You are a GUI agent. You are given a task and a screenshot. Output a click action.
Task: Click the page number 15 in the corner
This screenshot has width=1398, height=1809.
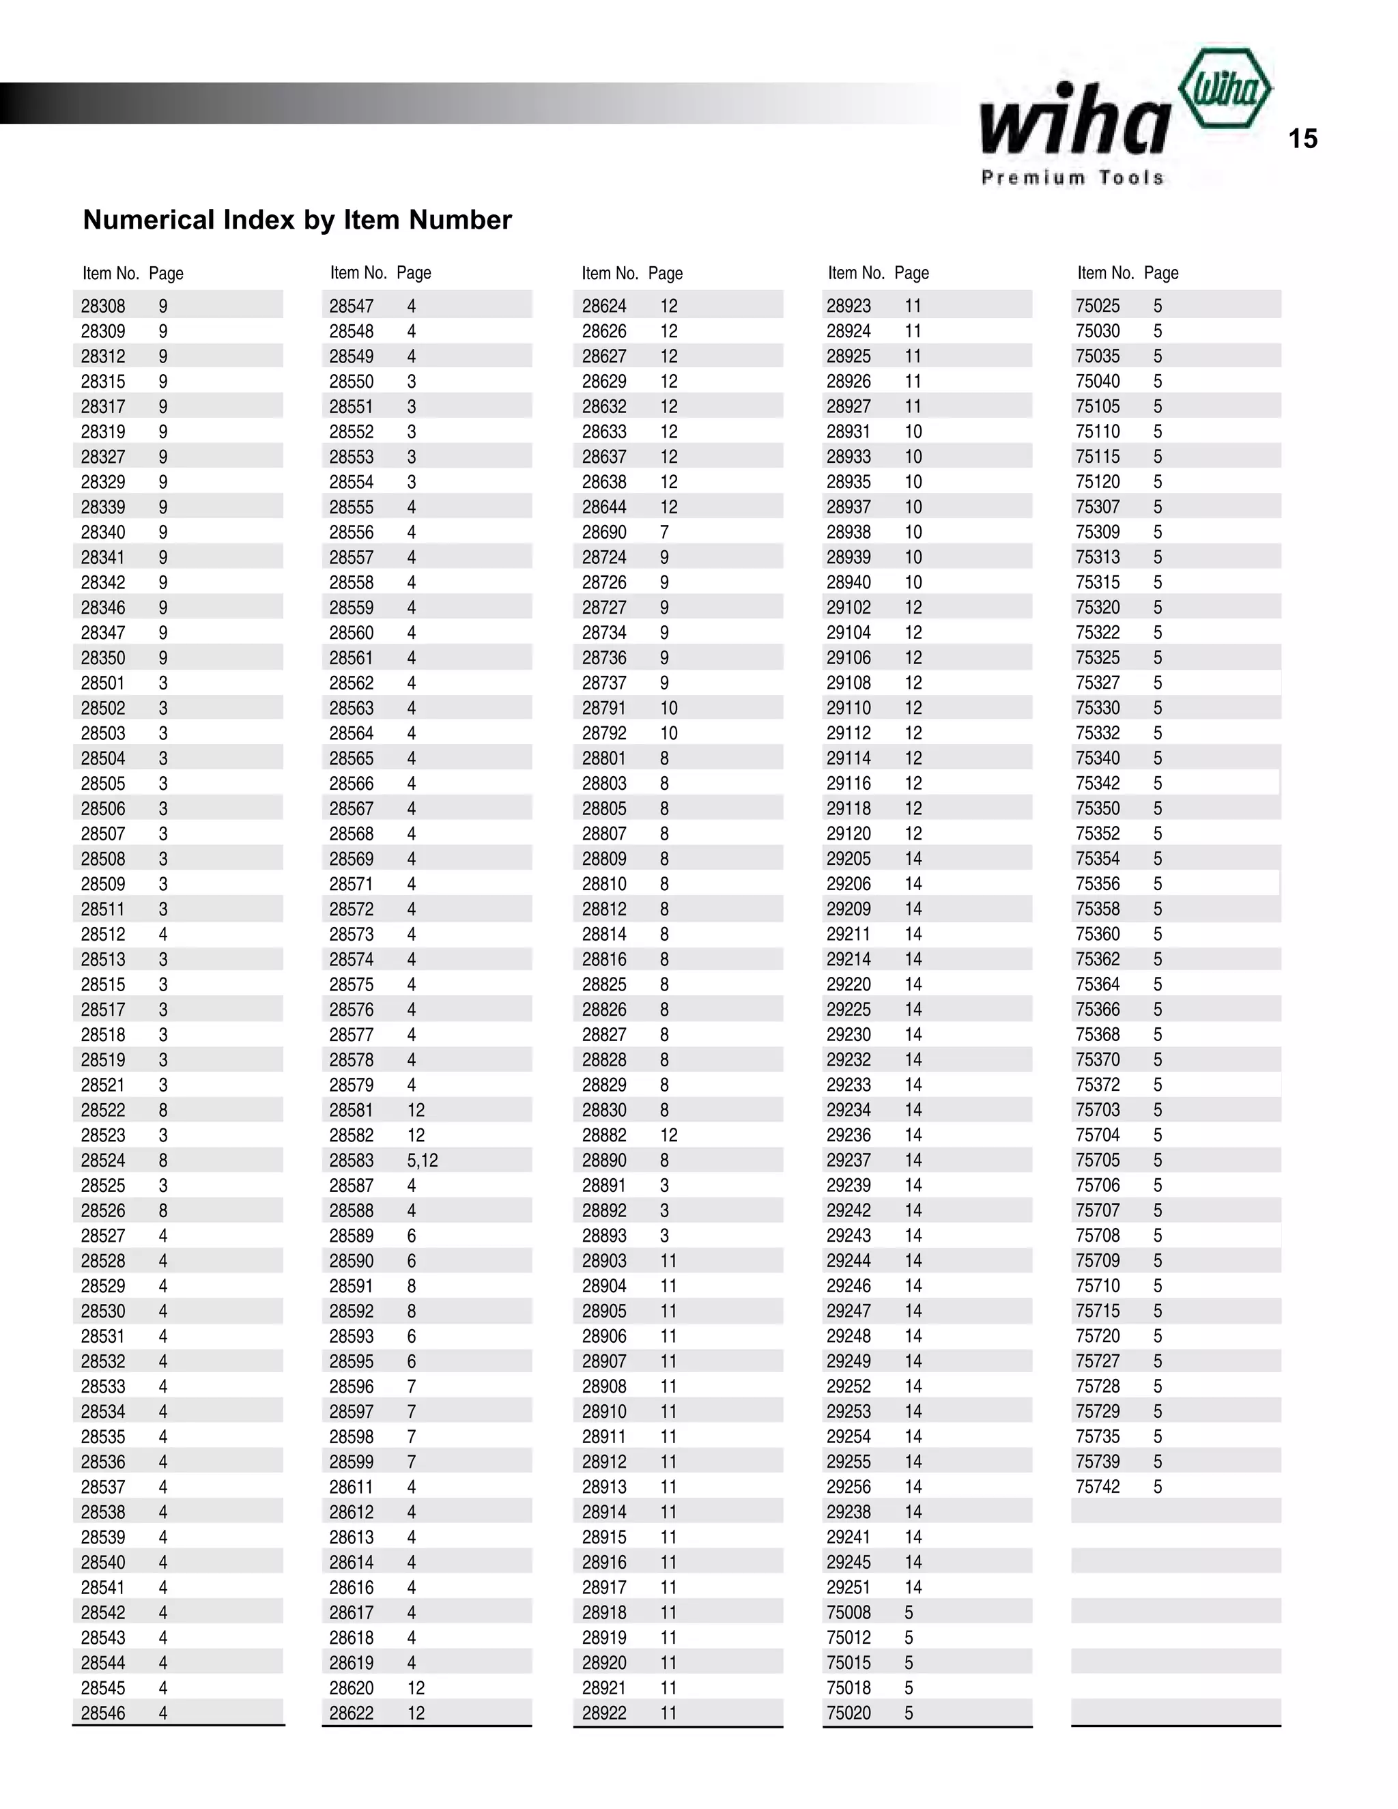click(1302, 139)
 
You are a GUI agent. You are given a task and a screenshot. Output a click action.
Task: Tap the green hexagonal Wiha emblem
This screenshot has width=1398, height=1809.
click(1225, 89)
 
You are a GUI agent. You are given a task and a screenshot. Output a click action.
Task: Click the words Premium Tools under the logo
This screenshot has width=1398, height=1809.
click(1072, 177)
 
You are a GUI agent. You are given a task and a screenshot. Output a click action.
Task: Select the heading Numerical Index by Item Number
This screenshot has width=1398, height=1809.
click(298, 220)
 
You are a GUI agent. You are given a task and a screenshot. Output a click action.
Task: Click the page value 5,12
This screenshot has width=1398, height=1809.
click(423, 1160)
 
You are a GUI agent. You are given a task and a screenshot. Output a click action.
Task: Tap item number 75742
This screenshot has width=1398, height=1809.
click(1098, 1487)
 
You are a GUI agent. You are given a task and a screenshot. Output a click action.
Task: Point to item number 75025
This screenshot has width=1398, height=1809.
click(1098, 307)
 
